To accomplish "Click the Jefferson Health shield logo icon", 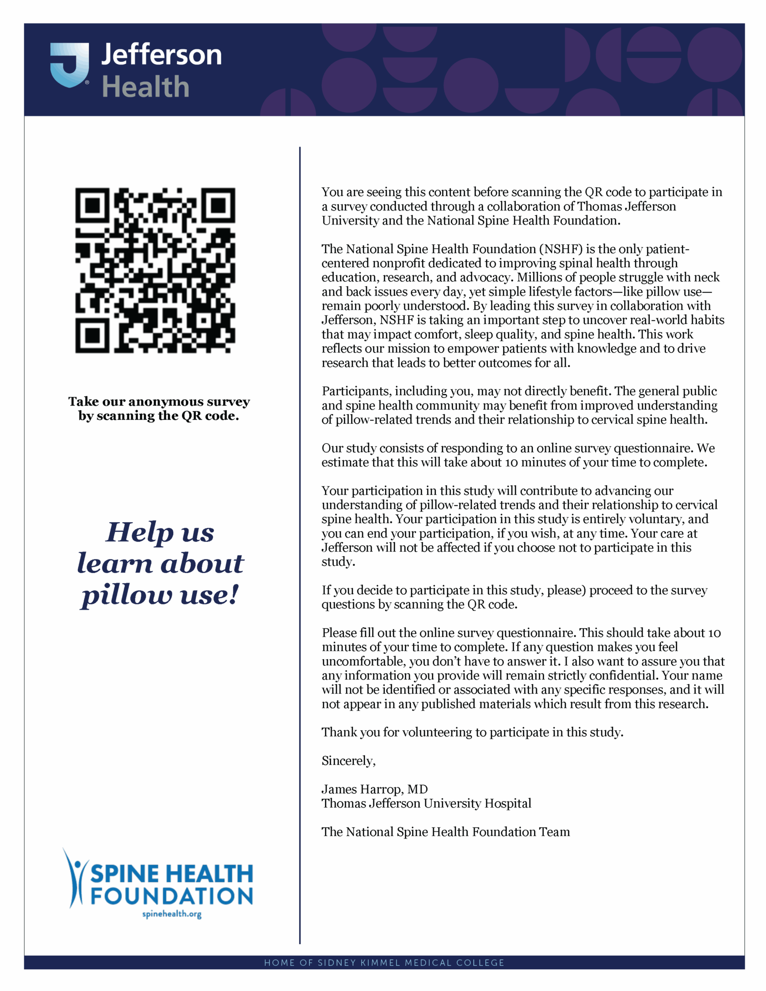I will (x=70, y=65).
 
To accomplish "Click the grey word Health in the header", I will (x=145, y=87).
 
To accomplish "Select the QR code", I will (x=155, y=270).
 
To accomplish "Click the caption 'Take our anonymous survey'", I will (x=159, y=402).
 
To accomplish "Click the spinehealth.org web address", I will (x=172, y=914).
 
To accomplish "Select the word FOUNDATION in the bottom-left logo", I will (x=172, y=896).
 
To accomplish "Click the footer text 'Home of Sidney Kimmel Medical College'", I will (x=384, y=962).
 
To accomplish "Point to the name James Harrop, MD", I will (x=375, y=789).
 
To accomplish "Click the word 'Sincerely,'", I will (x=348, y=761).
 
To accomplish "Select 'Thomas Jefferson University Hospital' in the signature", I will (x=426, y=803).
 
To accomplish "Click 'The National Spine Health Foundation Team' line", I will (x=446, y=832).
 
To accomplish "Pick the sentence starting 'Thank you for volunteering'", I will (x=472, y=732).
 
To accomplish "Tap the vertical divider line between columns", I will (x=300, y=532).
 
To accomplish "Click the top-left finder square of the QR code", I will (x=92, y=205).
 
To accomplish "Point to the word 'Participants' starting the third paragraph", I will (x=356, y=391).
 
